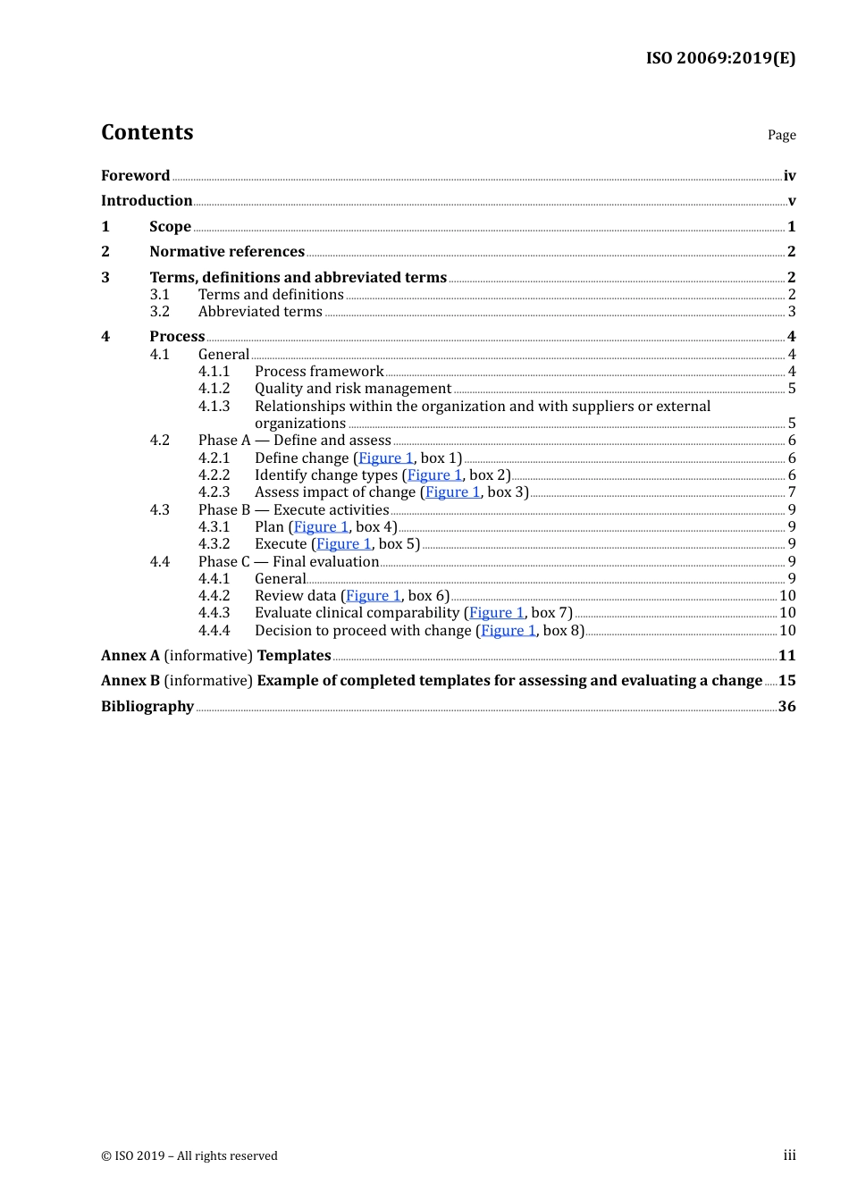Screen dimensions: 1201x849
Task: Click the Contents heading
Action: [147, 132]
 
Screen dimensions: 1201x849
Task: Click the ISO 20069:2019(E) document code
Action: [720, 58]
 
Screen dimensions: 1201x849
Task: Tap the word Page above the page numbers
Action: [781, 135]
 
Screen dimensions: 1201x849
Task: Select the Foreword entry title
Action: [135, 176]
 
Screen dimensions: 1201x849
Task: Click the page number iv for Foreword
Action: [789, 176]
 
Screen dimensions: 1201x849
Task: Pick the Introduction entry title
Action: [147, 201]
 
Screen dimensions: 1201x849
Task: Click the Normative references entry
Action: [227, 252]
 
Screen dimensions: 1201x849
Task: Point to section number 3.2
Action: [159, 312]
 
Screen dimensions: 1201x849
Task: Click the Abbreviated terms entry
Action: [260, 312]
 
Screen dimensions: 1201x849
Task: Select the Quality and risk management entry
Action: [353, 389]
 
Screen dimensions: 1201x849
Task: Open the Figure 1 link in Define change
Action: [386, 458]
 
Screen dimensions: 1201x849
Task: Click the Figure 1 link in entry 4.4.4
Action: [509, 631]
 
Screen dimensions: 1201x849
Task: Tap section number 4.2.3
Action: [214, 492]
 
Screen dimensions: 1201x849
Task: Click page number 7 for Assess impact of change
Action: [792, 492]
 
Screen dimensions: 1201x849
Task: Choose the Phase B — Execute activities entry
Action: [293, 510]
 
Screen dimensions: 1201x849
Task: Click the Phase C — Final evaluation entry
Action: [289, 562]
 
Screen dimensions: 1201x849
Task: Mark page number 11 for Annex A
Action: [786, 656]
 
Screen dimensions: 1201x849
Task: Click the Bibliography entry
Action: [147, 707]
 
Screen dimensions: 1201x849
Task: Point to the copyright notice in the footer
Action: [189, 1155]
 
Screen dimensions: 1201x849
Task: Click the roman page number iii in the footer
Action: [789, 1155]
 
